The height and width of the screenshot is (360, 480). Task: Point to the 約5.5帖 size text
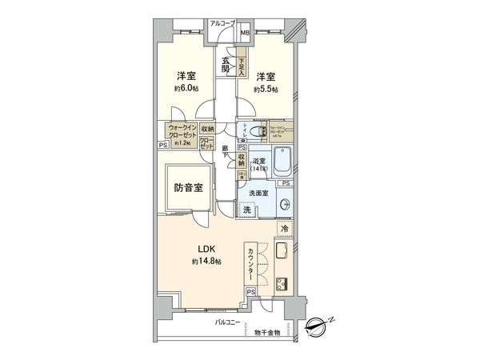click(266, 90)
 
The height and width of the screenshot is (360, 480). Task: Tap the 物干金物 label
click(268, 333)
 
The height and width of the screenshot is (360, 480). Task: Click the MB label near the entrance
click(245, 34)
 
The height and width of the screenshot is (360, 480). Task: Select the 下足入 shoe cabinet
click(241, 62)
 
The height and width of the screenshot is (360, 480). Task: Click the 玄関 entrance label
click(226, 64)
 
